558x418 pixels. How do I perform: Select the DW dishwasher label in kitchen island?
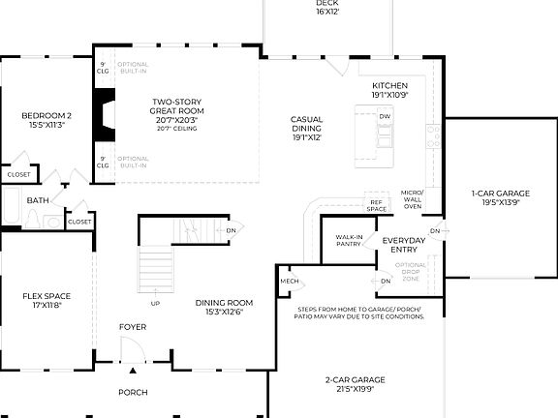(x=385, y=116)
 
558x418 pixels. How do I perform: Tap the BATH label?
(x=38, y=200)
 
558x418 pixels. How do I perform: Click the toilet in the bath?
(x=30, y=222)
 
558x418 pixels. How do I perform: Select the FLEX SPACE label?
(x=46, y=300)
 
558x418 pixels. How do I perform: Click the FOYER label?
(x=133, y=327)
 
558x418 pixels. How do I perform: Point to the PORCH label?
(x=133, y=392)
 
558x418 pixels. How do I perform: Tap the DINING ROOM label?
(x=224, y=307)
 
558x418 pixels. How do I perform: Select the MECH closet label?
(x=290, y=281)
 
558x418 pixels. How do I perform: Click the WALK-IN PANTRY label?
(x=349, y=241)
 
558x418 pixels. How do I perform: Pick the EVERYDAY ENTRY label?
(x=405, y=245)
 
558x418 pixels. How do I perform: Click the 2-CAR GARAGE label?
(x=357, y=385)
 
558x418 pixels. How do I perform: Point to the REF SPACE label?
(x=377, y=205)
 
